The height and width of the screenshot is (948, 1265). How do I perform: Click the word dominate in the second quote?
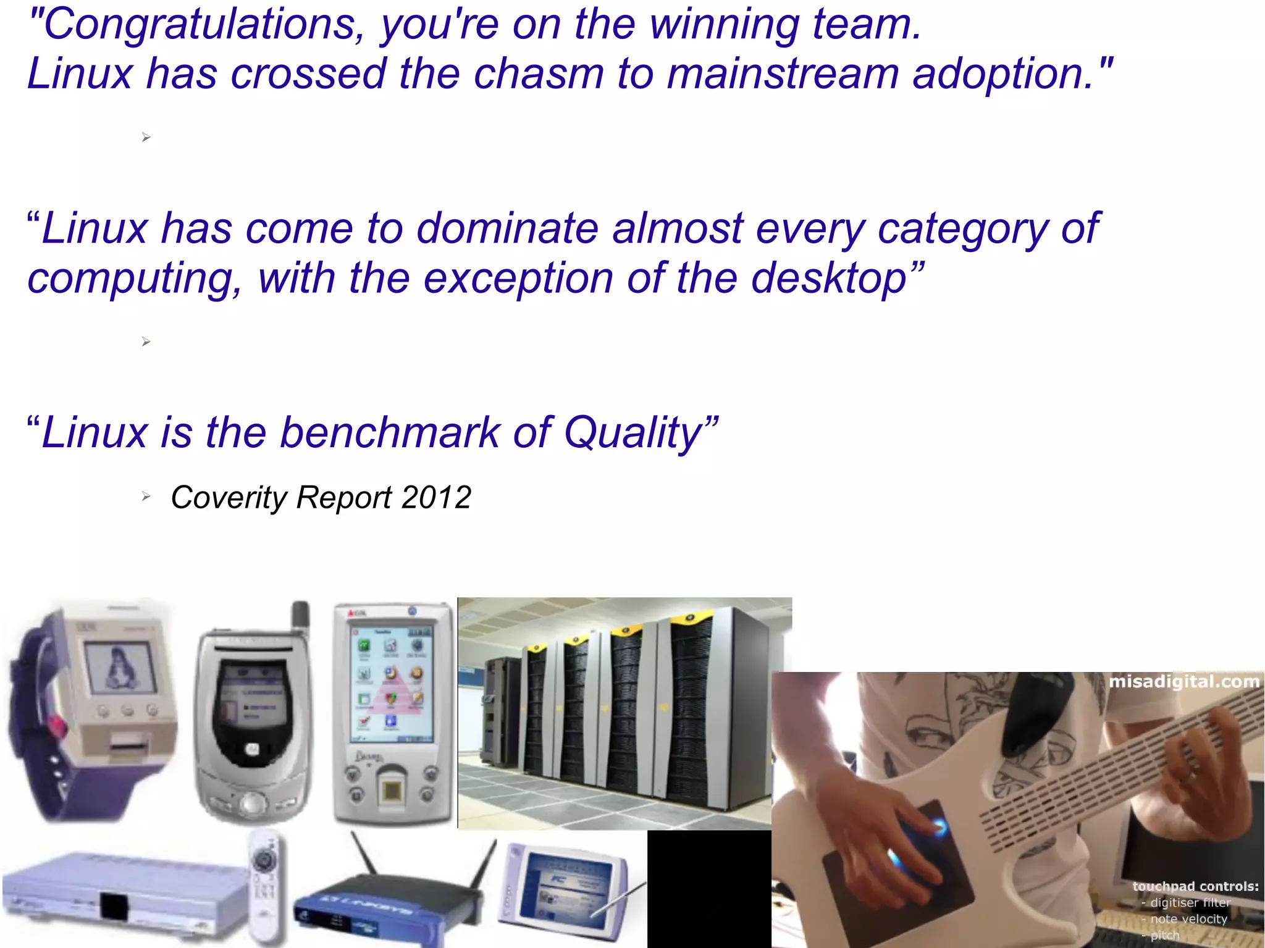point(506,229)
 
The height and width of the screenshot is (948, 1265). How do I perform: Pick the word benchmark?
point(389,433)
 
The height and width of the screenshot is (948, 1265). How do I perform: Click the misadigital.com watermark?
point(1183,682)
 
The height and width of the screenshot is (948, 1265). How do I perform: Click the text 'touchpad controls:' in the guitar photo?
point(1195,886)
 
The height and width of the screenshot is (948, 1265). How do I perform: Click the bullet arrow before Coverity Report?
point(146,496)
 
